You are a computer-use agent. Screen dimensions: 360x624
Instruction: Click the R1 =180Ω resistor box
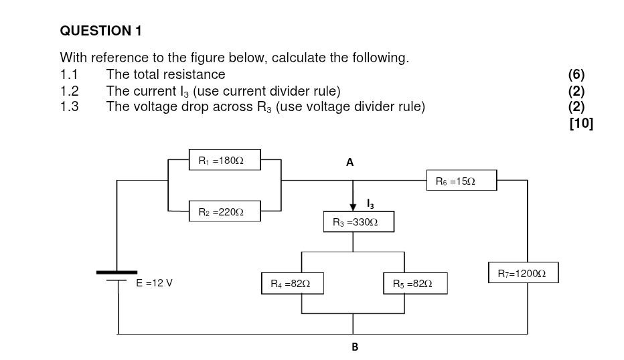pos(224,161)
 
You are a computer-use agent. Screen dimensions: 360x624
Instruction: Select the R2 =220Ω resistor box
pos(224,211)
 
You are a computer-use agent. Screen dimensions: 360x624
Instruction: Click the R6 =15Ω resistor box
pos(461,181)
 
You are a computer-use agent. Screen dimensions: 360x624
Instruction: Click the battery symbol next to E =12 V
pos(117,276)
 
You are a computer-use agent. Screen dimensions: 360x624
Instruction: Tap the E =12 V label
pos(154,283)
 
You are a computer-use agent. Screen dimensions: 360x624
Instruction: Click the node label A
pos(349,162)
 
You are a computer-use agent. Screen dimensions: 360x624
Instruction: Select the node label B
pos(355,347)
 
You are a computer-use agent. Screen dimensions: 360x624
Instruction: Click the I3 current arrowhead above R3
pos(354,207)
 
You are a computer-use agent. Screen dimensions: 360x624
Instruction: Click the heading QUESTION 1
pos(100,31)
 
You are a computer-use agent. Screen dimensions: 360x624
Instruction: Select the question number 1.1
pos(69,74)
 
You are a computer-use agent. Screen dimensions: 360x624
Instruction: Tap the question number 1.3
pos(69,106)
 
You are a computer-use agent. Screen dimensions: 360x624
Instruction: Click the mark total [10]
pos(580,123)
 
